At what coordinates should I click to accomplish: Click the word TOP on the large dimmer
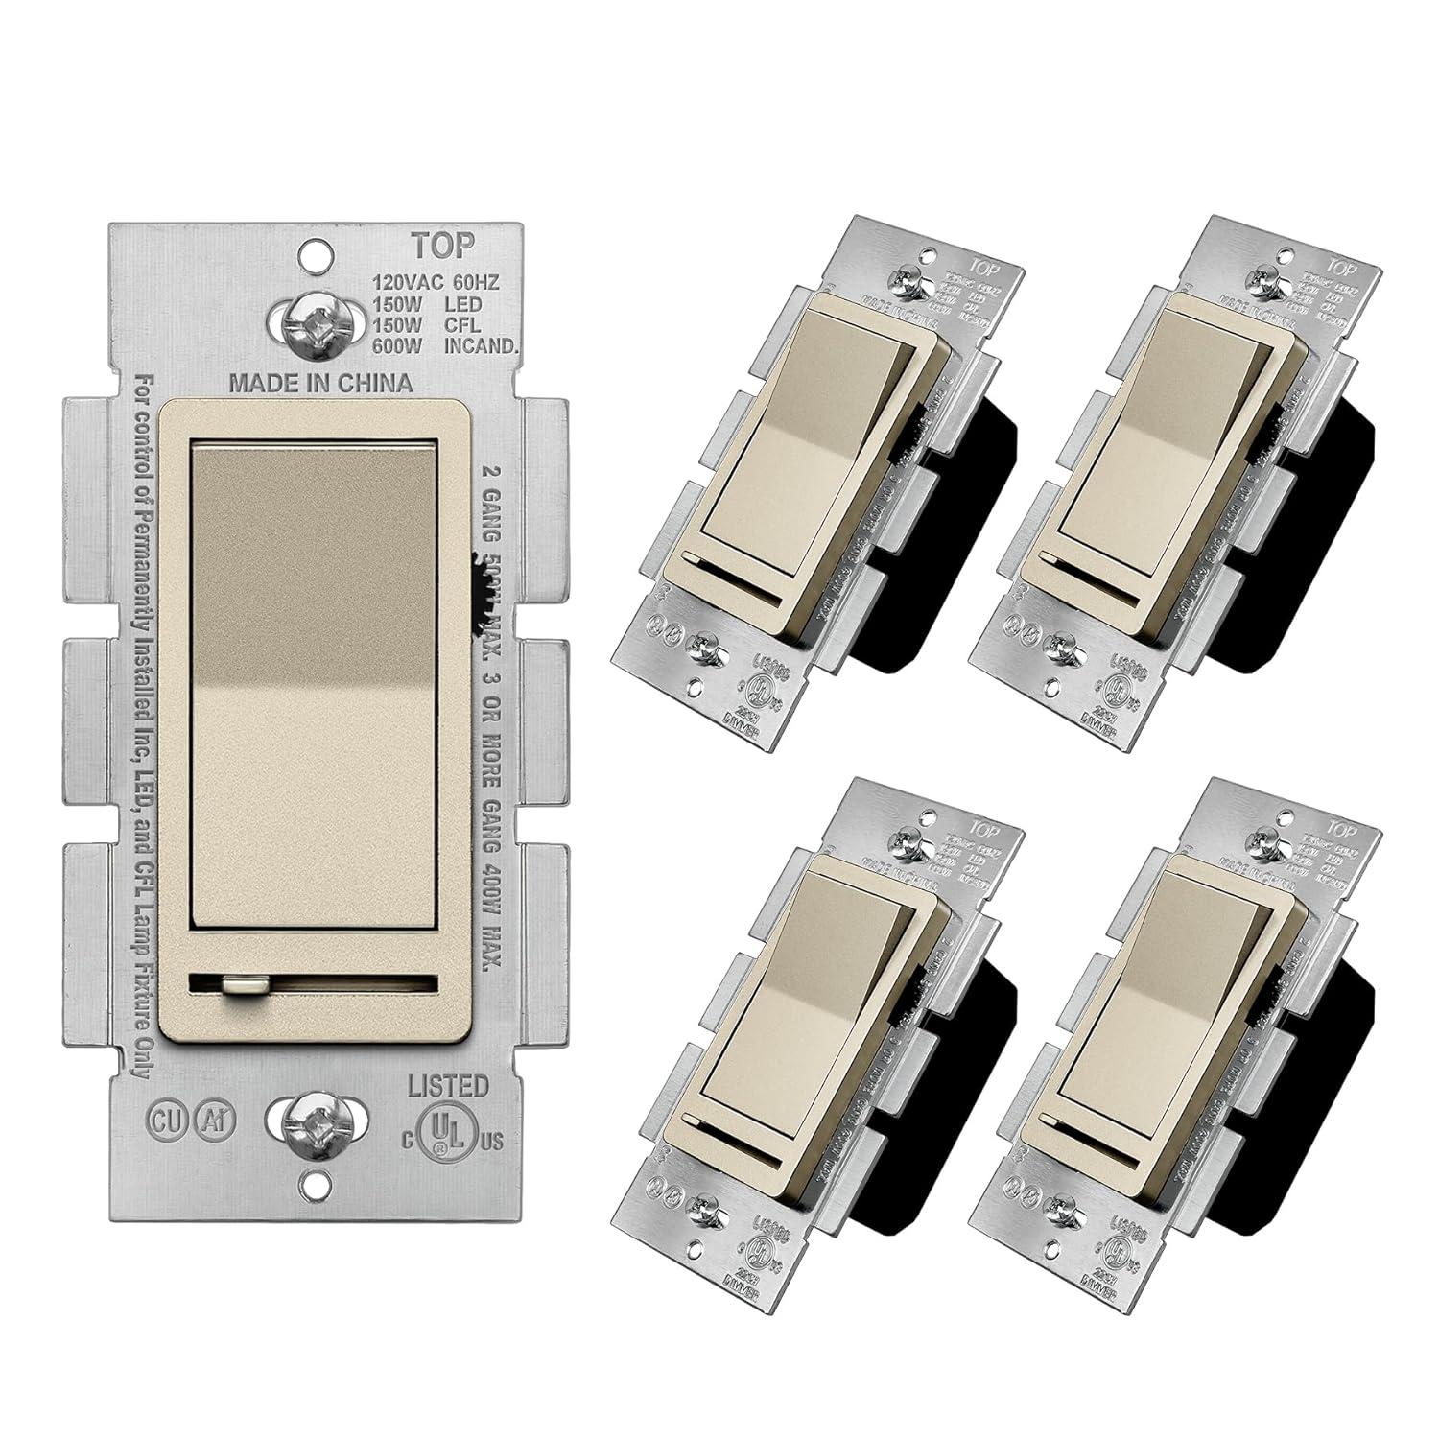(x=442, y=246)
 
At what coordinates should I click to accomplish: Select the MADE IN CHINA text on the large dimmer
(x=320, y=383)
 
